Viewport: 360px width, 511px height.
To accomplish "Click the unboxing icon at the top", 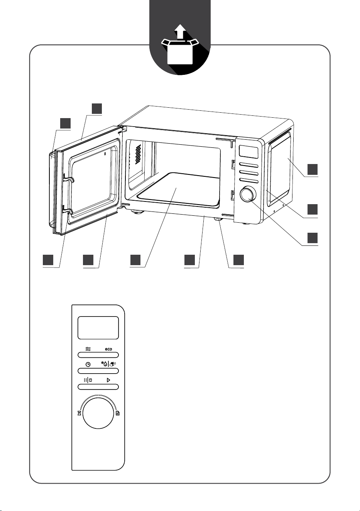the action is click(180, 44).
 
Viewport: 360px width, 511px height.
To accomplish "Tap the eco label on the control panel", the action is click(108, 349).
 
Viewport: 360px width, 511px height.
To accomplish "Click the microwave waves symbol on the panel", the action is click(88, 349).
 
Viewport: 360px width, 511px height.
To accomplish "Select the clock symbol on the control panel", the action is click(88, 365).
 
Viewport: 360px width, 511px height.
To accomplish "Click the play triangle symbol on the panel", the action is click(108, 380).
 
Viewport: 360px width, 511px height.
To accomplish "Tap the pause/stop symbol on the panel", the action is click(88, 380).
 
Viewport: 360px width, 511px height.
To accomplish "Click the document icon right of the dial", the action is click(118, 413).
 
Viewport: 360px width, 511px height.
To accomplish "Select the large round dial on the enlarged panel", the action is click(98, 413).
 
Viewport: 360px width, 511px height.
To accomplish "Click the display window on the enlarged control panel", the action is click(98, 328).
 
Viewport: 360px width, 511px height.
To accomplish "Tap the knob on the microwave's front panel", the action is click(248, 194).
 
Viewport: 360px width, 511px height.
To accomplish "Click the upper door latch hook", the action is click(68, 178).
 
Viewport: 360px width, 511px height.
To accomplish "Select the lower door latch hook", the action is click(68, 211).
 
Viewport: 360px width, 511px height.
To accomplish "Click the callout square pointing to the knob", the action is click(312, 238).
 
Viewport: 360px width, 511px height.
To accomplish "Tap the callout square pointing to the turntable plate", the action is click(135, 260).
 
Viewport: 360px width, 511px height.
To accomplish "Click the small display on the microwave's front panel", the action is click(248, 152).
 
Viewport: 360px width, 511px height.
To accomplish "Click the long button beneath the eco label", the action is click(98, 355).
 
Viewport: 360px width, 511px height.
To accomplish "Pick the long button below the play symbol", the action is click(98, 387).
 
